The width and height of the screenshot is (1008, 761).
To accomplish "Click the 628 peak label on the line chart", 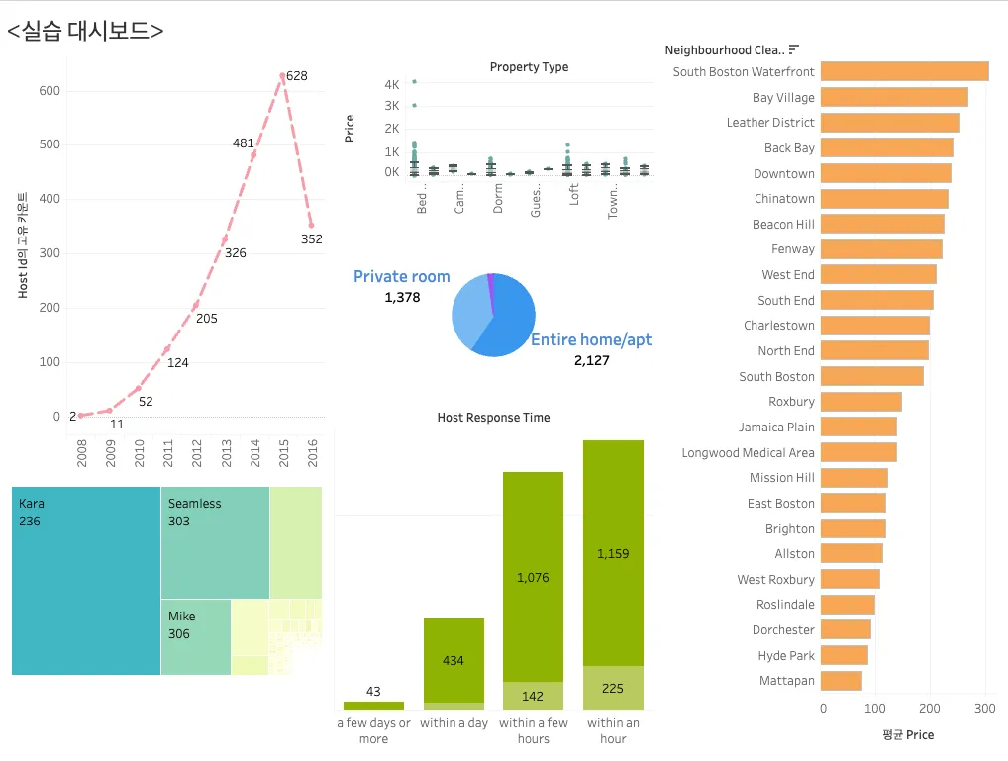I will click(296, 76).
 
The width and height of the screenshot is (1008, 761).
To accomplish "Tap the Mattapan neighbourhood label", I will click(786, 681).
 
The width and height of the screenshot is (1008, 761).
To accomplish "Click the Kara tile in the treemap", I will click(86, 580).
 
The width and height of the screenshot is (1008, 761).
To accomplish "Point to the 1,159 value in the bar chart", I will click(613, 554).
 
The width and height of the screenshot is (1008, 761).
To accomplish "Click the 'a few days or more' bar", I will click(373, 705).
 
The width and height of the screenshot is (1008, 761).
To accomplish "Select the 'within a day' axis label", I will click(454, 723).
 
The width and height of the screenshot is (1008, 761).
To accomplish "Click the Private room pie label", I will click(401, 277).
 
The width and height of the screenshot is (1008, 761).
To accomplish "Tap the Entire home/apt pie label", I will click(591, 340).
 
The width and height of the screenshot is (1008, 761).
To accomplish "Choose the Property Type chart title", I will click(529, 67).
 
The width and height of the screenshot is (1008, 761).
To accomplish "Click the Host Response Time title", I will click(493, 418).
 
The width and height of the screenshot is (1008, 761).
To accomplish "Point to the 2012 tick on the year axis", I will click(196, 452).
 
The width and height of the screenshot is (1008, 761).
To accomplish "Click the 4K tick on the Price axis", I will click(392, 84).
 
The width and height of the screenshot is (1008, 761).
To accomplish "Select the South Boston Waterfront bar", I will click(904, 71).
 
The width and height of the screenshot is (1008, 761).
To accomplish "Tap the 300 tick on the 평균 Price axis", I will click(984, 709).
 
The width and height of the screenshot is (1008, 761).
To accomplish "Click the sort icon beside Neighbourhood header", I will click(793, 49).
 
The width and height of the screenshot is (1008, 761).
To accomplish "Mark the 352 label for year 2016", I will click(312, 238).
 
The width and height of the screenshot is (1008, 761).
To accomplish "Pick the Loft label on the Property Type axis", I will click(574, 194).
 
